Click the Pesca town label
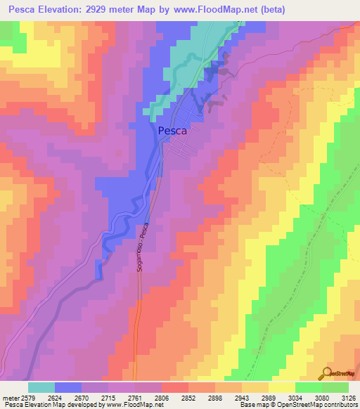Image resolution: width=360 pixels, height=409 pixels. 172,130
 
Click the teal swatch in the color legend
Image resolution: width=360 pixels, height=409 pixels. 41,387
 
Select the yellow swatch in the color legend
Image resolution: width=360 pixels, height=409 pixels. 282,387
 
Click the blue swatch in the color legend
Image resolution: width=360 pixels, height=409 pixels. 68,387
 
